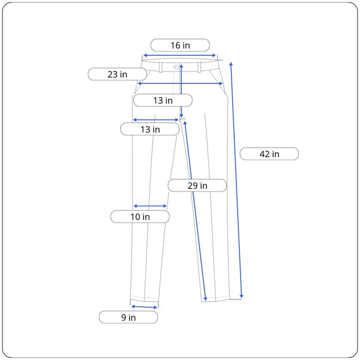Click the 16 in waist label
point(180,45)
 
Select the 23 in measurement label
point(118,74)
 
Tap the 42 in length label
point(269,154)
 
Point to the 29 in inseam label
point(197,185)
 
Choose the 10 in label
point(140,217)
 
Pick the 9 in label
point(128,317)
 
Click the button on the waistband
point(176,67)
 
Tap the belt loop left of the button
point(161,67)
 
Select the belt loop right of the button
point(199,67)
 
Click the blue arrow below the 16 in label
point(179,55)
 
